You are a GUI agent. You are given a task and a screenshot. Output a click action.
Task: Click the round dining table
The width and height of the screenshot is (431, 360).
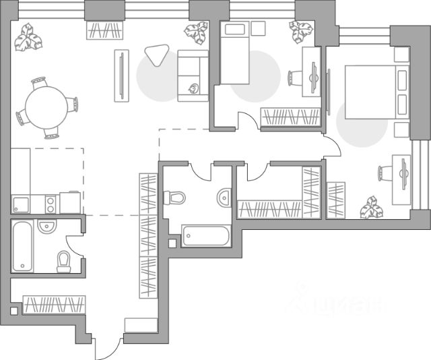pyautogui.click(x=45, y=106)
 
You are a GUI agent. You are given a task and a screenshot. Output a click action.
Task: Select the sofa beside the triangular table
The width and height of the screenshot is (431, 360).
pyautogui.click(x=191, y=76)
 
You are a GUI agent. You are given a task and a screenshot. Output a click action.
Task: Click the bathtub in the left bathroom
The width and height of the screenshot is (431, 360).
pyautogui.click(x=22, y=246)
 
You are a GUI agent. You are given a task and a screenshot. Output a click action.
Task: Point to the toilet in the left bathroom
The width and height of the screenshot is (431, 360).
pyautogui.click(x=64, y=260)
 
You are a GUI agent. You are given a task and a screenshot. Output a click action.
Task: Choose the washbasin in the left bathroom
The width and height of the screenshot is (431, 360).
pyautogui.click(x=46, y=227)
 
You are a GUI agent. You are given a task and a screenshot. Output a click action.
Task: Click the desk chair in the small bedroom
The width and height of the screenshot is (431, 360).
pyautogui.click(x=296, y=78)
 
